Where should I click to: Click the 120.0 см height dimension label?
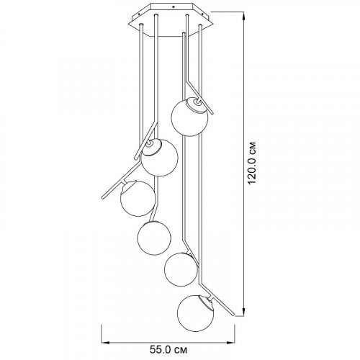pos(253,163)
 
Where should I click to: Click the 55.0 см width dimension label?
pos(168,350)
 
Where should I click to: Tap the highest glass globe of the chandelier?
pos(189,117)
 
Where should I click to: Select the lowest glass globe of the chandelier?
pos(196,313)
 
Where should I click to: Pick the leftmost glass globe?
pos(138,199)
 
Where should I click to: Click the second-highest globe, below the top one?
pos(159,158)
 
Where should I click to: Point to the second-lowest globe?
pos(181,269)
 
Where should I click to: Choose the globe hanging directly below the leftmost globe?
pos(154,238)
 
